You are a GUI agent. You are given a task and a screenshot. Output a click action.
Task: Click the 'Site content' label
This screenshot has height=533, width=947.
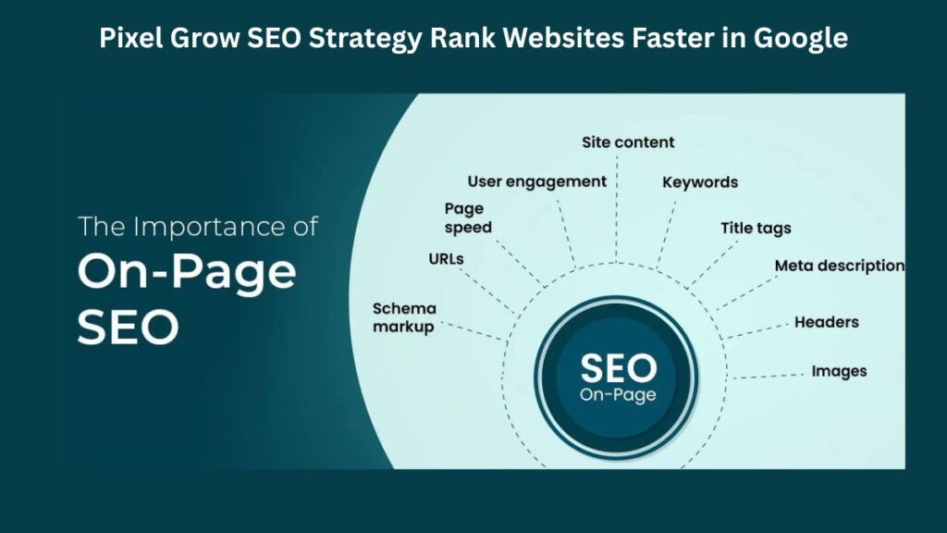[628, 143]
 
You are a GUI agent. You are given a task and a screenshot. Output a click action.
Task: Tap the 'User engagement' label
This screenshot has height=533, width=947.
[536, 181]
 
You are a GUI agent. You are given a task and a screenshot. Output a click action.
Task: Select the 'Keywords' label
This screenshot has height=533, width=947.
[700, 182]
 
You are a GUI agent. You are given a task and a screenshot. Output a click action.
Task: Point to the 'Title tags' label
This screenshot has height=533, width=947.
[756, 229]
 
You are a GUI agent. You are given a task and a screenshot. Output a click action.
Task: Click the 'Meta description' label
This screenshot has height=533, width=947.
[839, 266]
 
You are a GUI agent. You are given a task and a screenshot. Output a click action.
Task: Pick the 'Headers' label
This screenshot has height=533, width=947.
[826, 322]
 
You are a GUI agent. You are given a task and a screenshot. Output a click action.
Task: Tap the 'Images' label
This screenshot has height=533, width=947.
[839, 371]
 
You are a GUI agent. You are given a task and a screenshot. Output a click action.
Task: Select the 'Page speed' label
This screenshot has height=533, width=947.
[468, 217]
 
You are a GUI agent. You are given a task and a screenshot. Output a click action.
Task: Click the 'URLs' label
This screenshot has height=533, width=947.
[446, 259]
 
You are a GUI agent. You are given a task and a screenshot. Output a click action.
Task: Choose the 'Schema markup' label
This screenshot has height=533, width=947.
[403, 317]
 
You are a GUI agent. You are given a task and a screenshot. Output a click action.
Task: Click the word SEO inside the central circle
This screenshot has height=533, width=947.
[618, 369]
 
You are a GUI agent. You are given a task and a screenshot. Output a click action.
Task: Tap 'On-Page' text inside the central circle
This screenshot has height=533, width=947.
[618, 395]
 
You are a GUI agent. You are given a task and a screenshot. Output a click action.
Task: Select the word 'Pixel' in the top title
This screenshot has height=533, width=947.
[129, 39]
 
